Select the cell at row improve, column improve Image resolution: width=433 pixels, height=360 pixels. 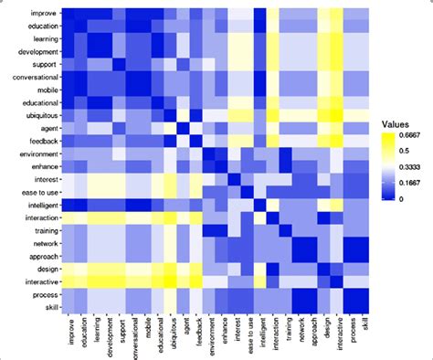click(x=67, y=15)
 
